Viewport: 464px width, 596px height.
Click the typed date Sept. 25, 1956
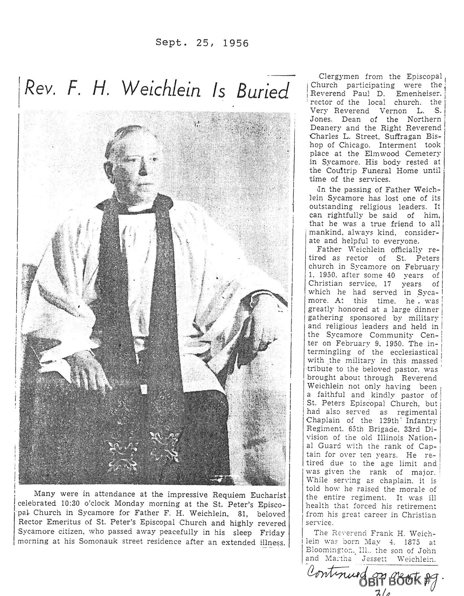click(x=202, y=43)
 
